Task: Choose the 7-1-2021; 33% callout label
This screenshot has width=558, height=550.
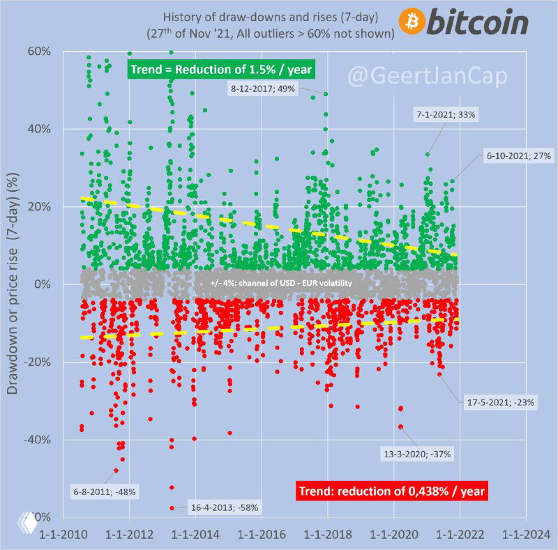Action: coord(445,115)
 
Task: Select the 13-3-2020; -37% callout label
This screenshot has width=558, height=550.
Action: coord(417,454)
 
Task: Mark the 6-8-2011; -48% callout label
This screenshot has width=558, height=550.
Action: coord(105,491)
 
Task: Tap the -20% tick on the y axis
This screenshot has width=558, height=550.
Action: coord(38,362)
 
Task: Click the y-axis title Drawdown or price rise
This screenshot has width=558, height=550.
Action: coord(13,284)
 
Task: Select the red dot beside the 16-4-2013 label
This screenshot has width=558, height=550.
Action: coord(172,508)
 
